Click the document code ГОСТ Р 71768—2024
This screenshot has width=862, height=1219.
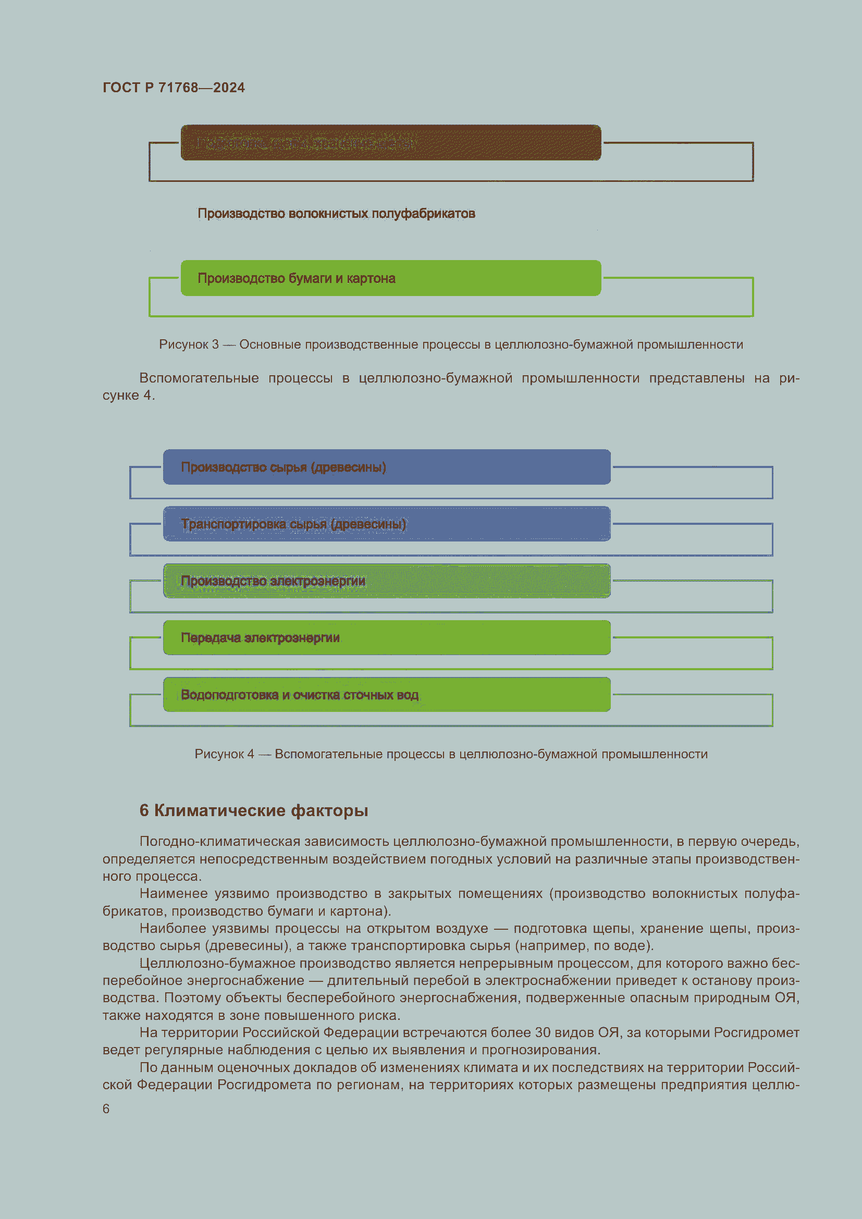[x=174, y=88]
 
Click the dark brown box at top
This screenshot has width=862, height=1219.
[x=391, y=143]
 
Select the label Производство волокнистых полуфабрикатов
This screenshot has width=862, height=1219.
[x=336, y=214]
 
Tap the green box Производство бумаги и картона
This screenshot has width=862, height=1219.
[x=391, y=278]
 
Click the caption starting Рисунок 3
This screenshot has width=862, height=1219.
[x=451, y=344]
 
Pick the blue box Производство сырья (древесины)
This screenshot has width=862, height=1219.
[x=386, y=467]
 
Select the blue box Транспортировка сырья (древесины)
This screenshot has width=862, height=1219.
[x=386, y=524]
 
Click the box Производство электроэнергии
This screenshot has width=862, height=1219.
[x=386, y=581]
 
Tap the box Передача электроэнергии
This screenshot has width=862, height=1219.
[x=386, y=637]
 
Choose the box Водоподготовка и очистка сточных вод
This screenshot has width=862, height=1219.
[x=386, y=694]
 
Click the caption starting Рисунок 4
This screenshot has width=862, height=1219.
[x=451, y=754]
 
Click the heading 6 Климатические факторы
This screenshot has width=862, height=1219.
[x=253, y=810]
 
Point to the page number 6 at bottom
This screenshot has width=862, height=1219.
[x=106, y=1109]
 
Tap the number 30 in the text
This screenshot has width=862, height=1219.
[x=543, y=1032]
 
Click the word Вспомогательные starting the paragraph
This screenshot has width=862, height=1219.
[x=199, y=378]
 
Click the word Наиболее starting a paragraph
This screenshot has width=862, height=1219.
[x=173, y=928]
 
